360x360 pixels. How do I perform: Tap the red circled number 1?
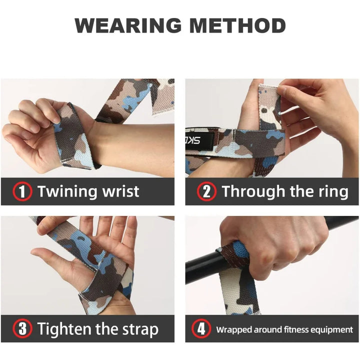click(22, 191)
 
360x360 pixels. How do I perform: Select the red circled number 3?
click(22, 329)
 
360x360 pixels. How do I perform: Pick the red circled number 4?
click(200, 329)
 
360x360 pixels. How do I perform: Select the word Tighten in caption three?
click(67, 329)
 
